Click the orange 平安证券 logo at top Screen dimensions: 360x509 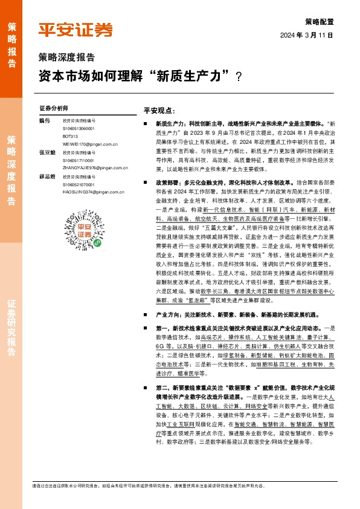(76, 30)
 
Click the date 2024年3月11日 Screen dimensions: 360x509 (307, 36)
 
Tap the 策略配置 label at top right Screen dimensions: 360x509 (319, 21)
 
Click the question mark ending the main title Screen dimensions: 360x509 (239, 77)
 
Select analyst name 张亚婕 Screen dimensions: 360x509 (47, 154)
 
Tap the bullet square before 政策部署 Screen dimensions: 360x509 (147, 182)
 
